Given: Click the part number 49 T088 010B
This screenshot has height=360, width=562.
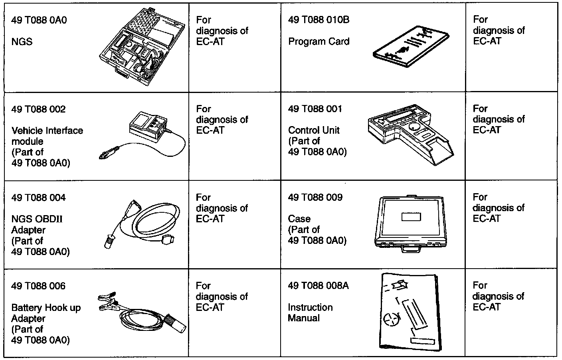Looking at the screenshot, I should pos(319,20).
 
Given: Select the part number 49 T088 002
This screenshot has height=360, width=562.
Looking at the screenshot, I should pos(38,109).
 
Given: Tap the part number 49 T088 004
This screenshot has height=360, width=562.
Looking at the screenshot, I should pos(38,198).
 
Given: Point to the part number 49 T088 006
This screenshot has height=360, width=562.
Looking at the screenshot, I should pos(38,286).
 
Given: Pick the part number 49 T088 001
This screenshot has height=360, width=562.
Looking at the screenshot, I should pos(315,109).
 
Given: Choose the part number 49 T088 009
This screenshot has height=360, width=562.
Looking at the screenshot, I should pos(315,198).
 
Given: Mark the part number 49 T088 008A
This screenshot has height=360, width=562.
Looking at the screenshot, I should pos(318,286).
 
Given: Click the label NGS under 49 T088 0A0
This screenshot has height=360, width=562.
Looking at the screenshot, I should pos(22,42).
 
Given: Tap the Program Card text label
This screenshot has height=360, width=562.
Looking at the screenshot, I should pos(319,42).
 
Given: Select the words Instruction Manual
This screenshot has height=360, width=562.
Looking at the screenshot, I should pos(310,313).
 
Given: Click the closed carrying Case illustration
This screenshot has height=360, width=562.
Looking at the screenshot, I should pos(411,222).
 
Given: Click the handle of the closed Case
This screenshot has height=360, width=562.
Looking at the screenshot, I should pos(411,249).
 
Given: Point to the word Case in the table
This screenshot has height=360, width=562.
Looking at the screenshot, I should pos(299,219).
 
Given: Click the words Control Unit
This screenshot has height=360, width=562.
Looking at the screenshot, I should pos(314,130).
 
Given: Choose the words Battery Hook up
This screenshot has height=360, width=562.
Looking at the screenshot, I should pos(46,308).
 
